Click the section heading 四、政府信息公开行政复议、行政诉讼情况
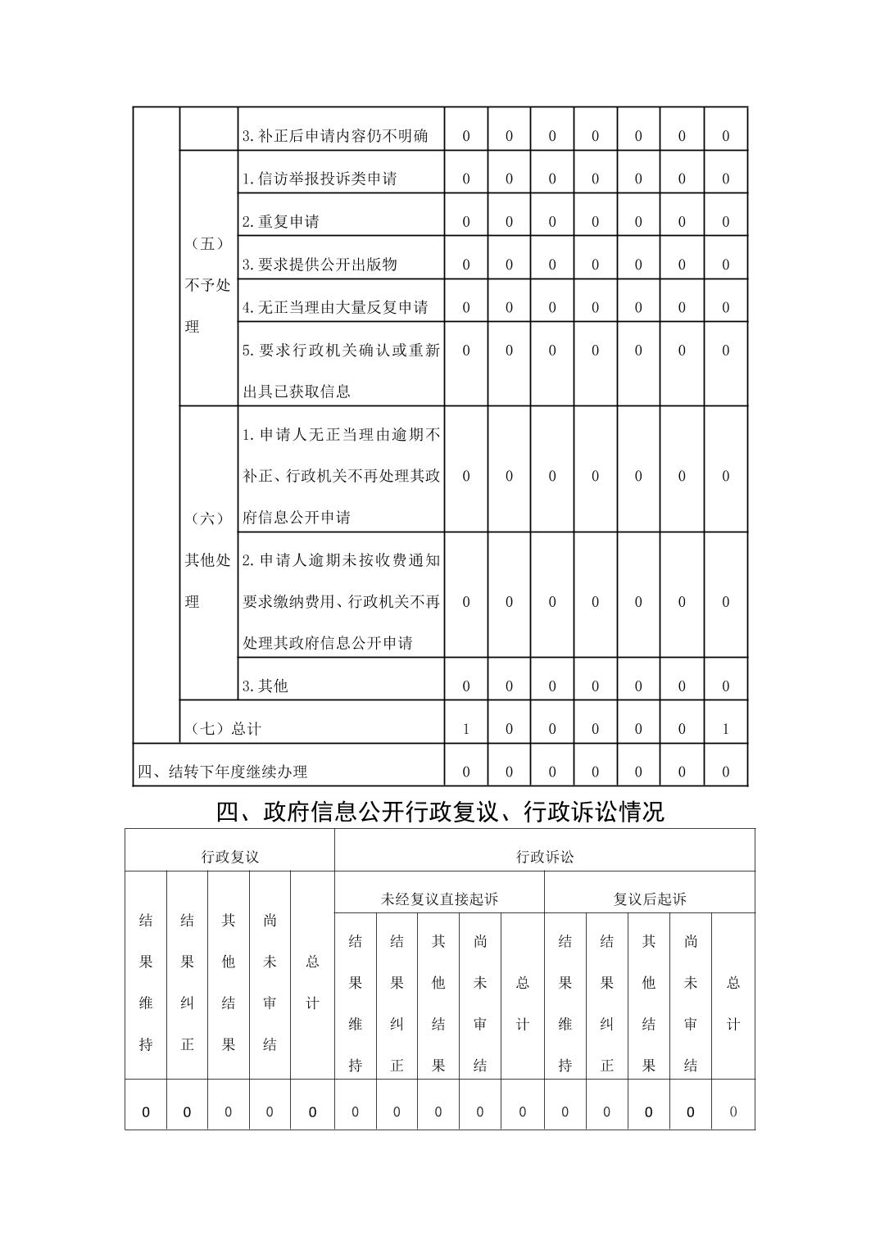[x=440, y=812]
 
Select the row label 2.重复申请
[x=281, y=222]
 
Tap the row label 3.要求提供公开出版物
[x=320, y=265]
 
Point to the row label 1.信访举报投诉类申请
[x=320, y=179]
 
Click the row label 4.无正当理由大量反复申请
[x=335, y=307]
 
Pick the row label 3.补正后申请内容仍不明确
[x=335, y=136]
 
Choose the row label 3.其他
[x=265, y=686]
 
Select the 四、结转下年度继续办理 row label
[x=222, y=772]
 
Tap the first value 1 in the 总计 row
[x=466, y=728]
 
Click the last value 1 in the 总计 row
[x=725, y=728]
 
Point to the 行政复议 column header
[x=230, y=857]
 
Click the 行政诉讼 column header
[x=545, y=857]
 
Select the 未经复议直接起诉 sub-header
[x=439, y=899]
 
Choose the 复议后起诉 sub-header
[x=650, y=899]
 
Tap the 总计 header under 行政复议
[x=312, y=982]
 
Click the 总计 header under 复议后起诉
[x=733, y=1003]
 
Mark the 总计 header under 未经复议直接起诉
[x=523, y=1003]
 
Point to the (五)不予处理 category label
[x=208, y=284]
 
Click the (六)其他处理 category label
[x=208, y=559]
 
